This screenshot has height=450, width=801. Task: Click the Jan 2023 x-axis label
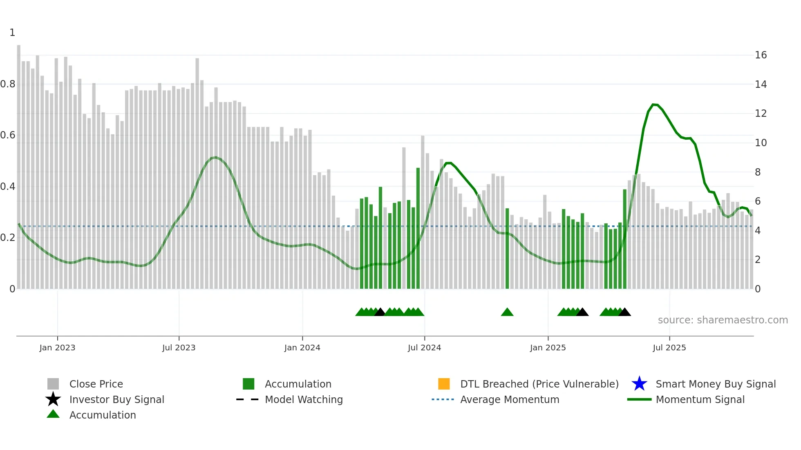[57, 348]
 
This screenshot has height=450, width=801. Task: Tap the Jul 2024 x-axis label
[424, 348]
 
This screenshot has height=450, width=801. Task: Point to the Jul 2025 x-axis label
[669, 348]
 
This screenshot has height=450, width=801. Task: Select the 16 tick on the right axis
[761, 55]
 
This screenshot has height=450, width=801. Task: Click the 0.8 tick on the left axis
[8, 84]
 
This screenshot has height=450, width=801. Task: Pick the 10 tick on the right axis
[761, 143]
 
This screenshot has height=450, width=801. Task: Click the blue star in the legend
[639, 384]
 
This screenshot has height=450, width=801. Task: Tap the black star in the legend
[53, 399]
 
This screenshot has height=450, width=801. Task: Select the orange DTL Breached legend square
[444, 384]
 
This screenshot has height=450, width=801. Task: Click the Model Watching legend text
[304, 399]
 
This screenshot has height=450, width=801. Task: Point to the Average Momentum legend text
[510, 399]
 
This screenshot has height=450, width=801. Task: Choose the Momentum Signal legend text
[700, 399]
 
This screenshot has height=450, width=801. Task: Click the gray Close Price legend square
[53, 384]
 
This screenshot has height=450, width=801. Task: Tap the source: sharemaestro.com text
[723, 320]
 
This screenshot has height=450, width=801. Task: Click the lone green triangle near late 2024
[507, 312]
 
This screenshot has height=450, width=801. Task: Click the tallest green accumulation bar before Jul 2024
[418, 229]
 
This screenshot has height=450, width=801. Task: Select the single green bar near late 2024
[507, 249]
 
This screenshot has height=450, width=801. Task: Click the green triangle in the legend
[53, 414]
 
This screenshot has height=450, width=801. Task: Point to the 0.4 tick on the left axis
[8, 187]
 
